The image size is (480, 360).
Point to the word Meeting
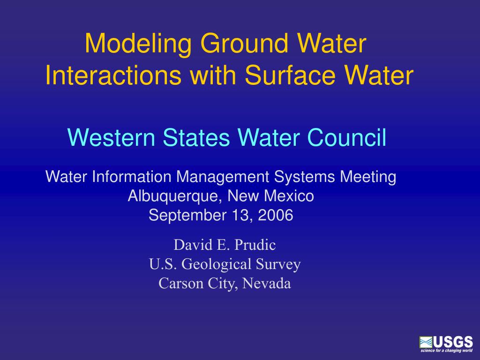(368, 177)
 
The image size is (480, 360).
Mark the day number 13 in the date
(238, 216)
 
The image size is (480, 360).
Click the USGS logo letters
(453, 342)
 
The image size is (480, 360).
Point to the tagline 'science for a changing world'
(446, 351)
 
